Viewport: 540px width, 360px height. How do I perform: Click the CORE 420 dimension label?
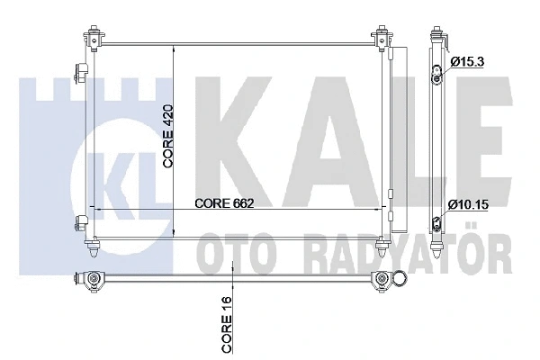(168, 137)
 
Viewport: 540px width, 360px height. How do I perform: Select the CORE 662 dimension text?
(224, 203)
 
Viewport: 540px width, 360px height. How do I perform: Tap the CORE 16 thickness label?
(227, 329)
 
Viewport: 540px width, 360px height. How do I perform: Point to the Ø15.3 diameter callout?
(467, 62)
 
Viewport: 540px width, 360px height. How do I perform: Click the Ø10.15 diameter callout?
(468, 205)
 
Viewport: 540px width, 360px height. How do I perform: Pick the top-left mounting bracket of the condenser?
(94, 38)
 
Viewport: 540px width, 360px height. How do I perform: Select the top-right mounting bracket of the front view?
(382, 38)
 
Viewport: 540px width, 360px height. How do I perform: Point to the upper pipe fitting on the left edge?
(82, 72)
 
